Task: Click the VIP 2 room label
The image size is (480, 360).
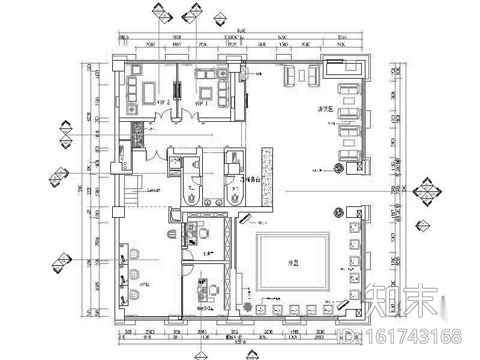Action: (164, 103)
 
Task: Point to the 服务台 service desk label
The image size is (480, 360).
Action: (251, 179)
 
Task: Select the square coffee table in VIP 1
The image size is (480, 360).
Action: (206, 92)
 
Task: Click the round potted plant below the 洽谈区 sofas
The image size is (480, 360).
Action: (340, 169)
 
